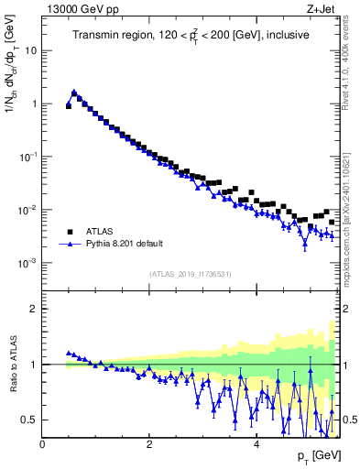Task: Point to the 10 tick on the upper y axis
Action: [x=29, y=50]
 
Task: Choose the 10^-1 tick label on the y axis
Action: [x=27, y=157]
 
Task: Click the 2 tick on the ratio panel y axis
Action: [x=34, y=309]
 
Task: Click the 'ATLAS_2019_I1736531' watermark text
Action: [x=191, y=274]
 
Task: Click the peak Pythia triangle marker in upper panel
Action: [x=74, y=92]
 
